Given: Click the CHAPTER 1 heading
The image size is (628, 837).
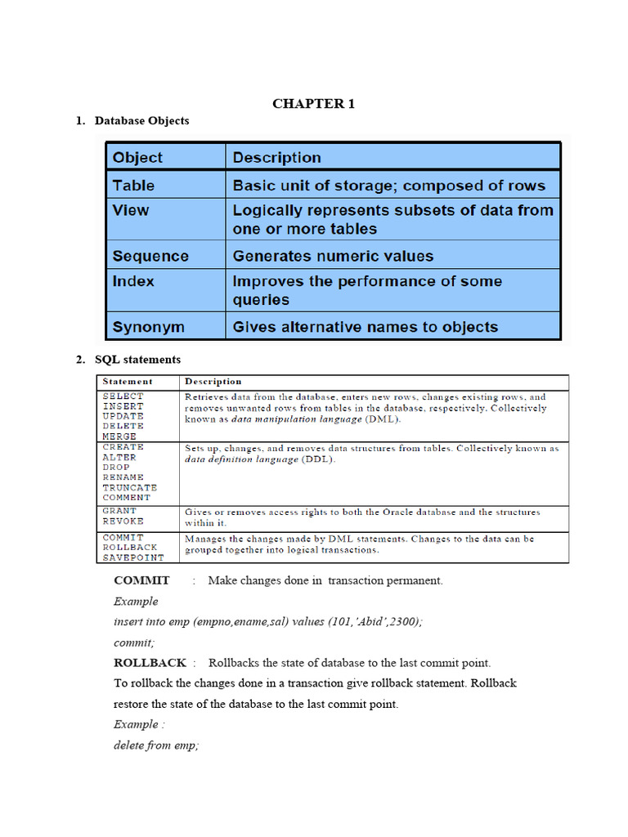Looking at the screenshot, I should [313, 103].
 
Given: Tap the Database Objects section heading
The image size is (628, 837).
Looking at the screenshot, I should [141, 121].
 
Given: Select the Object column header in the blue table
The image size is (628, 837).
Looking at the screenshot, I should [137, 158].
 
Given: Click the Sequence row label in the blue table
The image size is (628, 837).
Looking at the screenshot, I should [150, 256].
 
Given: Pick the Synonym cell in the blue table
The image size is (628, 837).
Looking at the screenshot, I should [149, 327].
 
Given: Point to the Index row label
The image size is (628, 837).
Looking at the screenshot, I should [133, 281].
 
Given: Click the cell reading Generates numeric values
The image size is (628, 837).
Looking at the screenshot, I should [333, 256].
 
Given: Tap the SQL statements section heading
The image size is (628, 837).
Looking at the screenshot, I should [137, 360].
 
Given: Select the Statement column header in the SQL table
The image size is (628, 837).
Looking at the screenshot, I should [128, 382].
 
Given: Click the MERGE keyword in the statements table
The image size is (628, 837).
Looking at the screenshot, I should [119, 436].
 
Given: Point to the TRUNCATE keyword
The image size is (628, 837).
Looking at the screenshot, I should [130, 487].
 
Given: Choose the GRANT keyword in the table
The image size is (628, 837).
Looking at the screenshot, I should [119, 511].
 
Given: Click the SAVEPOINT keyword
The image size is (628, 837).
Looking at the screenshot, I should [133, 557].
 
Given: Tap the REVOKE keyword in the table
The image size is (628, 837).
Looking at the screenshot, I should [123, 521].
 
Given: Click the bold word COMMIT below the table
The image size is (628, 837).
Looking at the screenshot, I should [141, 580].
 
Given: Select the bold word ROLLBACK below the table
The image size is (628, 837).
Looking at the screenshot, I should [150, 662].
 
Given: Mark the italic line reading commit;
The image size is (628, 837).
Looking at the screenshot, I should [134, 642].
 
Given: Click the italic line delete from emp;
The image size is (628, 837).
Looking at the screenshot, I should [156, 745].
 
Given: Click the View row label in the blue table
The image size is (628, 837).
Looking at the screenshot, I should [131, 210].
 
